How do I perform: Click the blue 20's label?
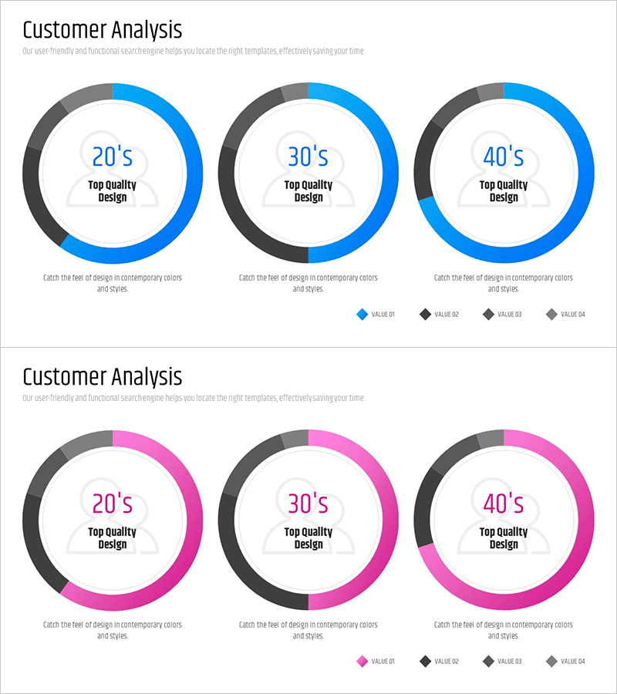click(113, 157)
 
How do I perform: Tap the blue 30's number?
click(308, 157)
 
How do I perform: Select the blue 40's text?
click(504, 157)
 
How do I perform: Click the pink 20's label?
click(113, 504)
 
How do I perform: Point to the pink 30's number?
click(308, 504)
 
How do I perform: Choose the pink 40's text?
click(504, 504)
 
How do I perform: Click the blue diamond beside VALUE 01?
click(362, 314)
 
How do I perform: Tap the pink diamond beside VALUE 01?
click(362, 661)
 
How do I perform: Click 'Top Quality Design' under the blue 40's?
click(504, 190)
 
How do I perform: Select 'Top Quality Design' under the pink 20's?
click(113, 537)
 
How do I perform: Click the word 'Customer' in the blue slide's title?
click(65, 30)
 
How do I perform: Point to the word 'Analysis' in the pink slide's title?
click(147, 377)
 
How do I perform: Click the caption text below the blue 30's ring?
click(308, 283)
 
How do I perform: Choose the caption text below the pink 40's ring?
click(504, 630)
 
